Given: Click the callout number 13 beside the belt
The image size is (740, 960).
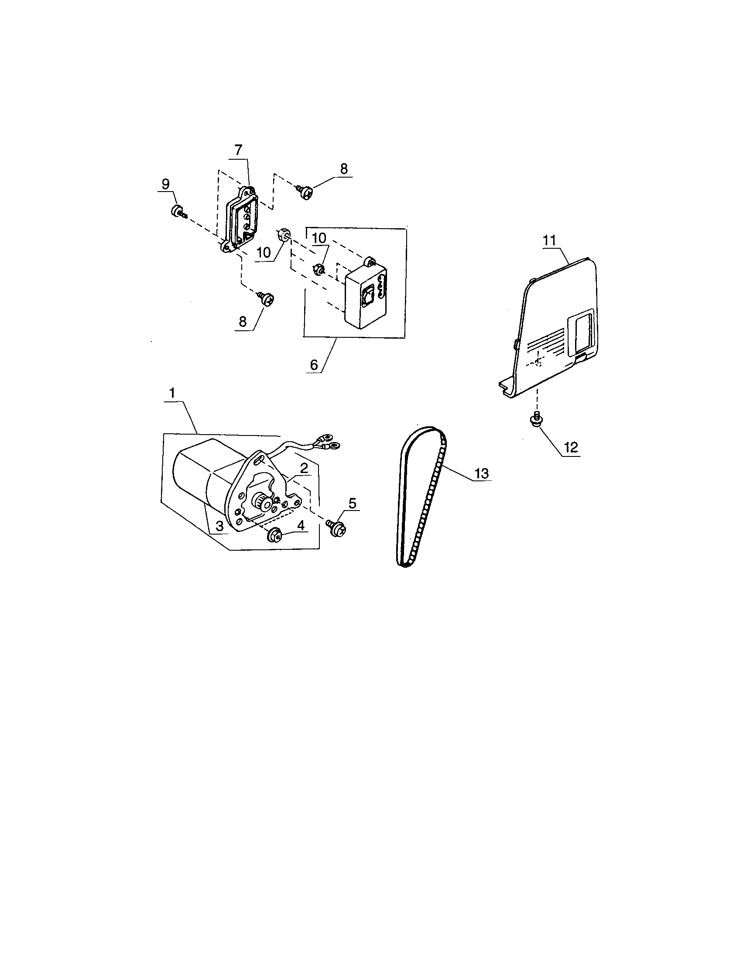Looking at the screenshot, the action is pos(481,473).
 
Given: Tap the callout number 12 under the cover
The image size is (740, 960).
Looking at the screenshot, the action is pos(571,447).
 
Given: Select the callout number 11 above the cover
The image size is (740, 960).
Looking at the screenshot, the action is pos(549,240).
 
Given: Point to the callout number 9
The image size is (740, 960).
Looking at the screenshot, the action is pos(165,184).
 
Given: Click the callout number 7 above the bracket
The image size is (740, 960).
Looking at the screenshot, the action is pos(238,150).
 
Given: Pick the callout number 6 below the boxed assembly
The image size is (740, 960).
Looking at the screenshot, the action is pos(314,364).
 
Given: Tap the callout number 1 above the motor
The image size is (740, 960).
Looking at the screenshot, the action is pos(172,393).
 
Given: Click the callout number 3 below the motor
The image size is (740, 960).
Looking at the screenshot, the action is pos(219,525).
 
